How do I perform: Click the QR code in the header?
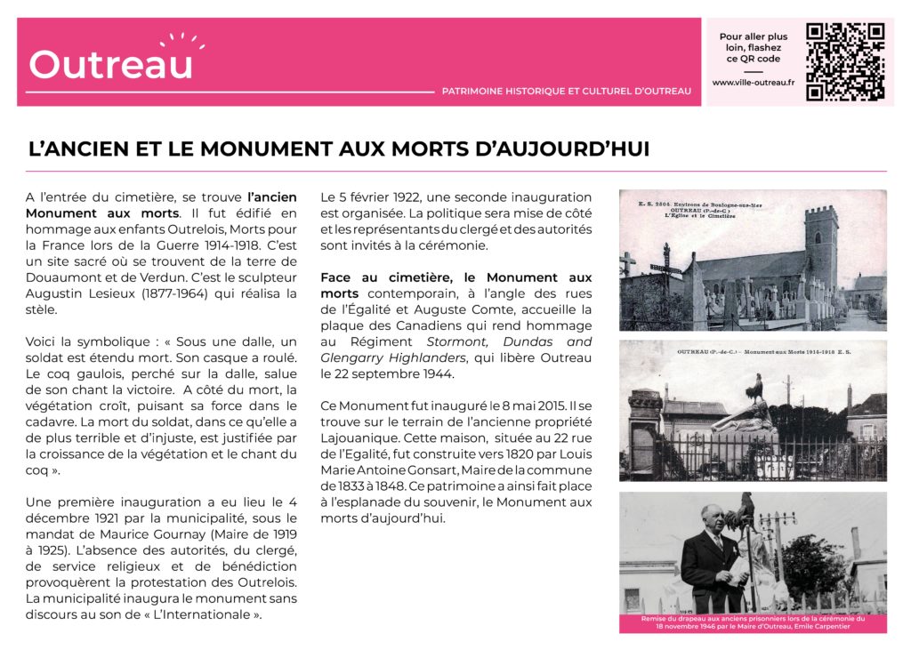(844, 61)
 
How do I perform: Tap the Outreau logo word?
(111, 64)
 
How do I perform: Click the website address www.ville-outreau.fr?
(753, 83)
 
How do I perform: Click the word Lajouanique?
(359, 437)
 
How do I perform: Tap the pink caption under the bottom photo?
(753, 622)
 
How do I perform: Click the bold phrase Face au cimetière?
(386, 277)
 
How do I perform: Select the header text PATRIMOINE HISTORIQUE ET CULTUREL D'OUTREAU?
(566, 91)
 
